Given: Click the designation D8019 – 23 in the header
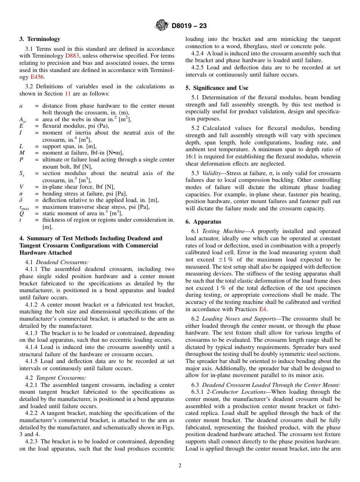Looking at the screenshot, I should (x=189, y=26).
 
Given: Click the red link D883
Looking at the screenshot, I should (x=72, y=56).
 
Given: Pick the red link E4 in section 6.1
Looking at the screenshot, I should (x=263, y=309).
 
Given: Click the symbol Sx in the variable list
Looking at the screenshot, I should (x=22, y=174).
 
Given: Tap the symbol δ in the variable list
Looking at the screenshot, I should (x=21, y=200).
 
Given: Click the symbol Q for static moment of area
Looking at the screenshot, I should (x=21, y=213).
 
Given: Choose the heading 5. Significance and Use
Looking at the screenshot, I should (x=217, y=88).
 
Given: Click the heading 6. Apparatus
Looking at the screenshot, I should (x=203, y=222).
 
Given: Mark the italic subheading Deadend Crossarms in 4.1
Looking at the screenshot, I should (x=62, y=262).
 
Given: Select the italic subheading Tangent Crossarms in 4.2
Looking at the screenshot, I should (x=61, y=378).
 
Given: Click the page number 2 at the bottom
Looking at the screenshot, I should (x=180, y=465).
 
